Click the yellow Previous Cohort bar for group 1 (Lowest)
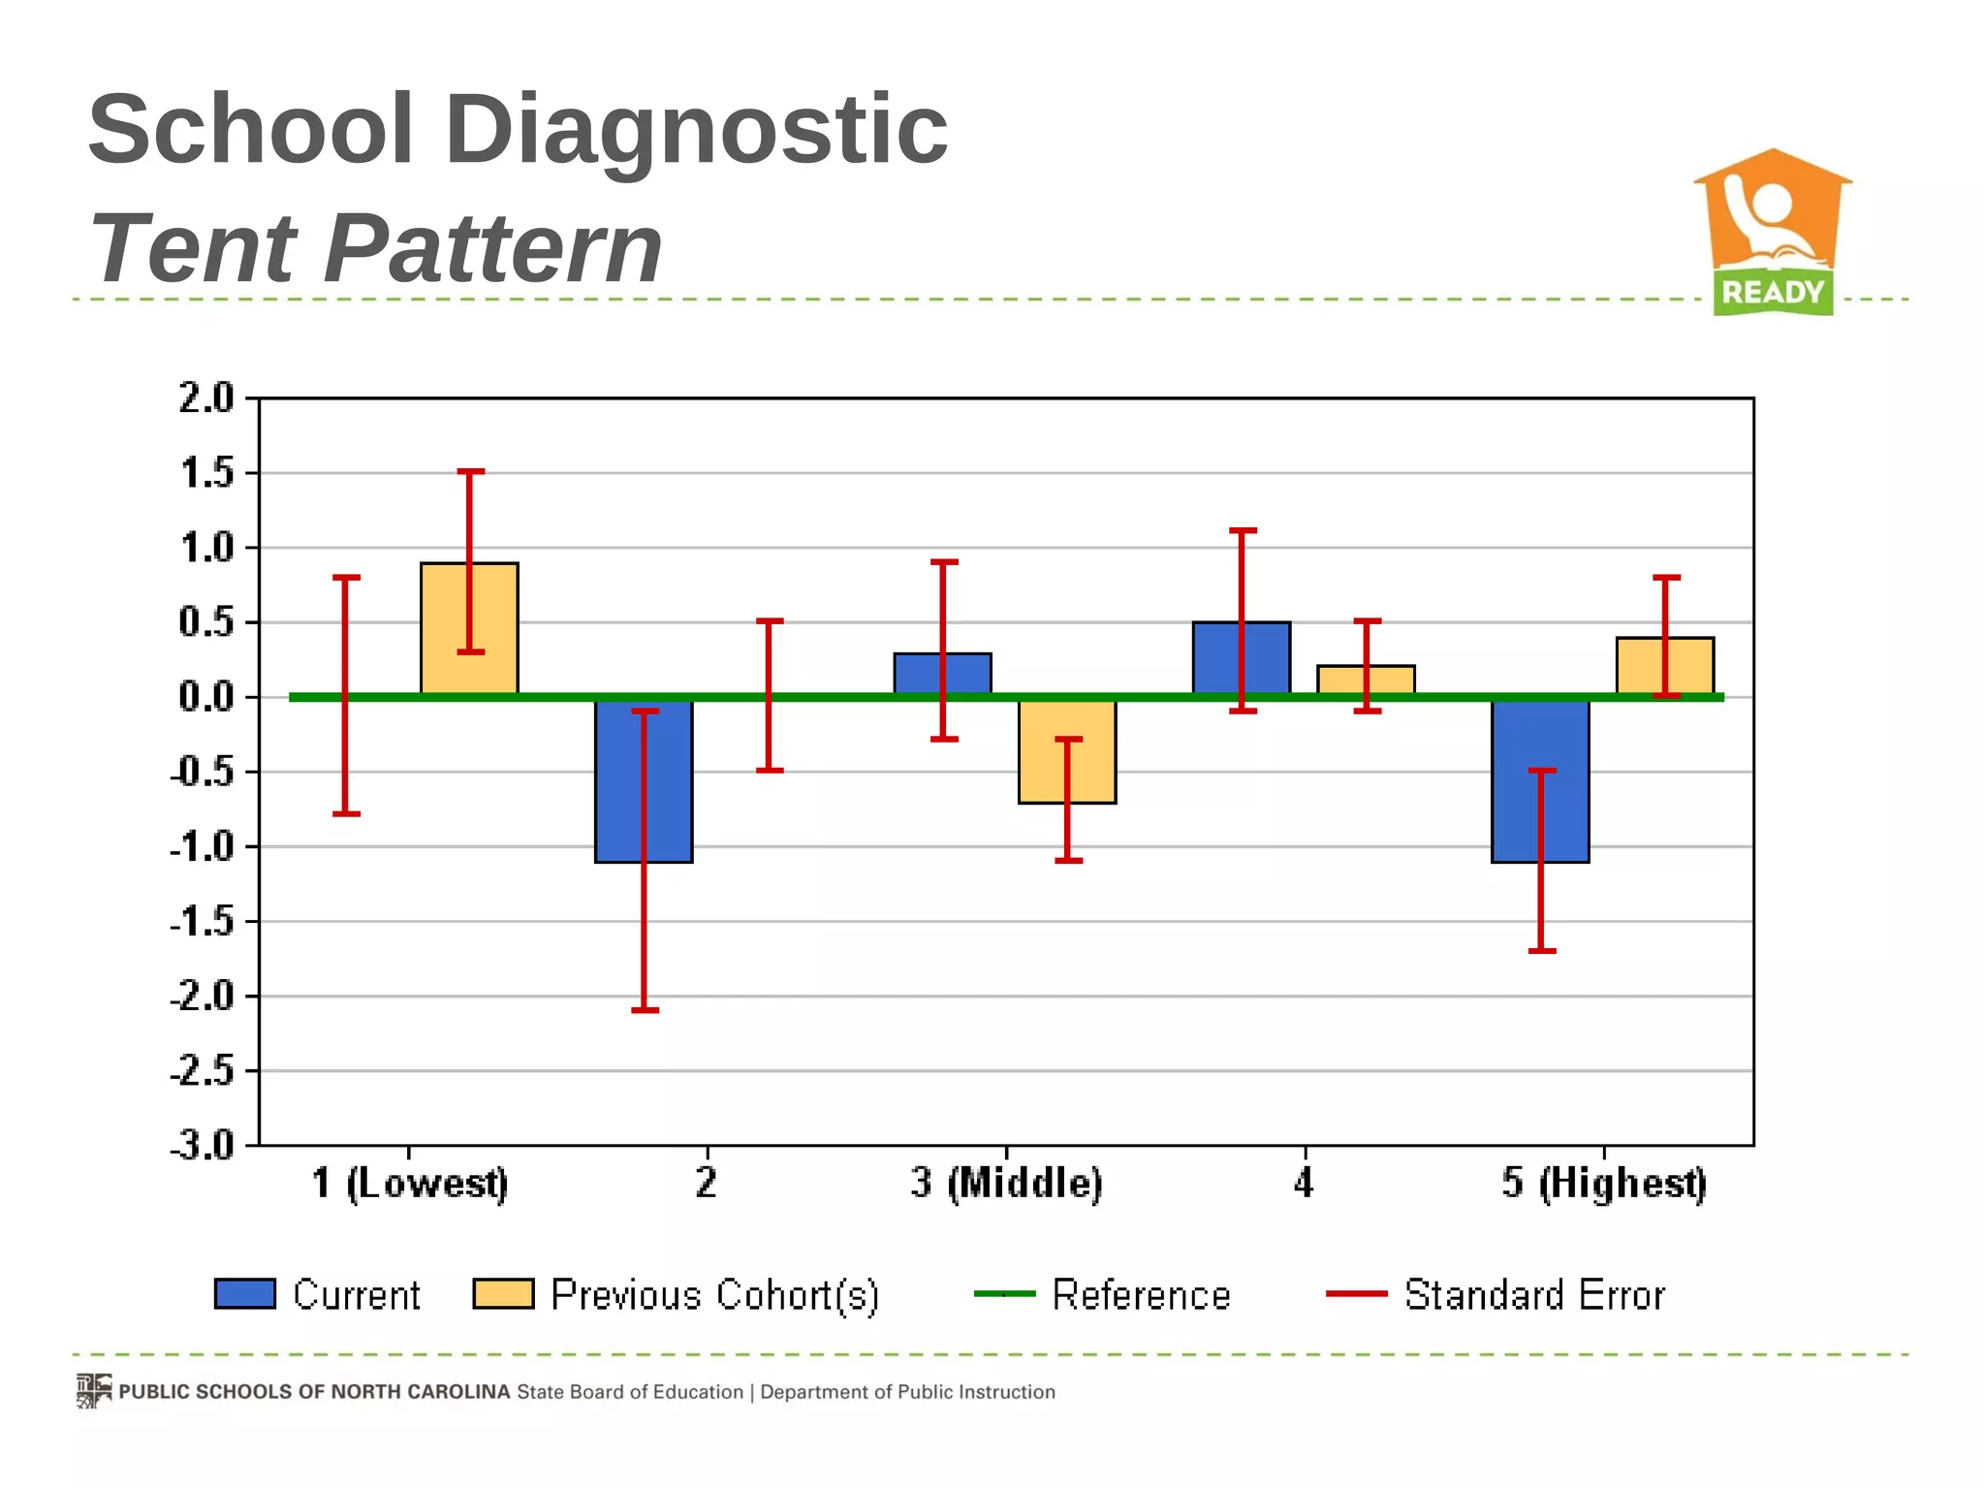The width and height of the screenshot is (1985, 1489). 446,630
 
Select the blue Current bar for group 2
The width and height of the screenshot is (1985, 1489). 620,781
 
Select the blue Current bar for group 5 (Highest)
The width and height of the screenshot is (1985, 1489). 1518,781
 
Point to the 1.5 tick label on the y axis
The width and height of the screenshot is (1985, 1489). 206,474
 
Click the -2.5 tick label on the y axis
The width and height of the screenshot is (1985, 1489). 203,1072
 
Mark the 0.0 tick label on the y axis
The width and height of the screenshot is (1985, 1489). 206,697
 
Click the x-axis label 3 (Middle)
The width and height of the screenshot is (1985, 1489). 1006,1184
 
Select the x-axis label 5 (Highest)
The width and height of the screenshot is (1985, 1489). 1604,1184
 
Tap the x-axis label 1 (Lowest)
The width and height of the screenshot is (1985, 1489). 409,1184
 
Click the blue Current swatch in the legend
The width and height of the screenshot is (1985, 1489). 245,1294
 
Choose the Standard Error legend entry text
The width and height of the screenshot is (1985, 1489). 1534,1295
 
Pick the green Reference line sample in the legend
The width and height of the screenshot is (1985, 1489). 1004,1294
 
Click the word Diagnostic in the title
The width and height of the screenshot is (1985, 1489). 695,129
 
